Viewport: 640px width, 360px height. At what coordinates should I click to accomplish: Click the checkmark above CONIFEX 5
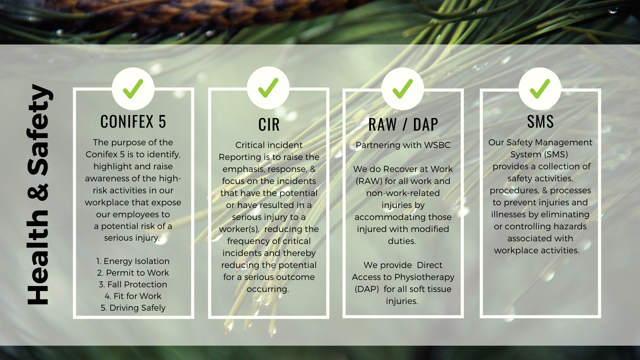pyautogui.click(x=133, y=89)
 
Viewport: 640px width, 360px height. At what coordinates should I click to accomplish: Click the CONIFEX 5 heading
pyautogui.click(x=133, y=122)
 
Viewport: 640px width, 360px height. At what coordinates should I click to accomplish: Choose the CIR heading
pyautogui.click(x=269, y=125)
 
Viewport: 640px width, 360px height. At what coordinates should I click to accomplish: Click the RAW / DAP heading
pyautogui.click(x=403, y=125)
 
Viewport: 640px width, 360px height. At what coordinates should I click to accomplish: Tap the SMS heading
pyautogui.click(x=540, y=122)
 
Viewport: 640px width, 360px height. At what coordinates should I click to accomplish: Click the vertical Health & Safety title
pyautogui.click(x=39, y=194)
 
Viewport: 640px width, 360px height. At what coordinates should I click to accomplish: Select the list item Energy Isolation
pyautogui.click(x=133, y=261)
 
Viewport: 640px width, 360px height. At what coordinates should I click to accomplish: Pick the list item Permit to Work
pyautogui.click(x=133, y=273)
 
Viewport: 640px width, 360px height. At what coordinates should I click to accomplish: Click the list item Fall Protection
pyautogui.click(x=133, y=284)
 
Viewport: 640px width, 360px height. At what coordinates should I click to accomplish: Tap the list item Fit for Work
pyautogui.click(x=133, y=296)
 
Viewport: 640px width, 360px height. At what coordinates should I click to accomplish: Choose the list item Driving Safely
pyautogui.click(x=133, y=308)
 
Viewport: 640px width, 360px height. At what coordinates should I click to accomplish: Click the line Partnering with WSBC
pyautogui.click(x=403, y=145)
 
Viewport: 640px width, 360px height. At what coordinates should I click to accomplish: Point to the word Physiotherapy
pyautogui.click(x=424, y=277)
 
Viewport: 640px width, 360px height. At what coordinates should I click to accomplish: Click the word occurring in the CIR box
pyautogui.click(x=268, y=289)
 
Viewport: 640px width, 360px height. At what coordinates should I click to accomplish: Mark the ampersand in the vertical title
pyautogui.click(x=38, y=192)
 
